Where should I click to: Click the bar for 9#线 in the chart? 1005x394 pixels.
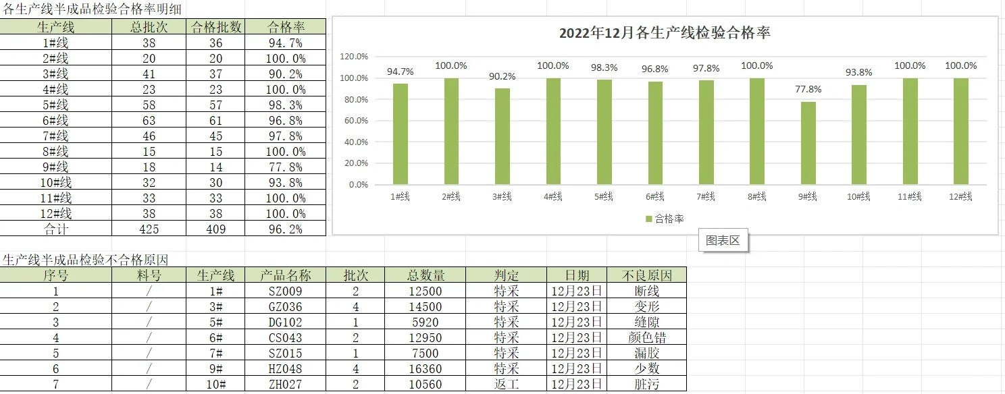(x=808, y=143)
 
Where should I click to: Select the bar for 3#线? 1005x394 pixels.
(x=502, y=136)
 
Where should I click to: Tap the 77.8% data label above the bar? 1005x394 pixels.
(x=808, y=89)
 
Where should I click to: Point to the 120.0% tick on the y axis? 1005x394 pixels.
(x=353, y=57)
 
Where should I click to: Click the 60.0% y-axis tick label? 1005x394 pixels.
(x=356, y=121)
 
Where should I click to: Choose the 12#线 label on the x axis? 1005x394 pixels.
(x=960, y=196)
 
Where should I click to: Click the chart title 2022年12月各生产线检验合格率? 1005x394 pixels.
(x=665, y=33)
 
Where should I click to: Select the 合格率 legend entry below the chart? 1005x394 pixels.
(x=665, y=219)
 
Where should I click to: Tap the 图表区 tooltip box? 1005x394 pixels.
(x=723, y=240)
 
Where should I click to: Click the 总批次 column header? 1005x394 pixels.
(x=149, y=28)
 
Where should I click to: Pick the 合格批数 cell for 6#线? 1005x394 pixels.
(x=216, y=121)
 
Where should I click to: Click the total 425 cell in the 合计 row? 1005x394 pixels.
(x=149, y=229)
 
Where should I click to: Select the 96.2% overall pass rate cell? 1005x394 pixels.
(x=285, y=229)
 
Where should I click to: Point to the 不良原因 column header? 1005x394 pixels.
(x=646, y=275)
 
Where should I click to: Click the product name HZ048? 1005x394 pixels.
(x=285, y=369)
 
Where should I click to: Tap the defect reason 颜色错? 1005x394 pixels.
(x=646, y=337)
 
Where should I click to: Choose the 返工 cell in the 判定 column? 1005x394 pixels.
(x=507, y=384)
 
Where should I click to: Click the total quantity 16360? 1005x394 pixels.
(x=426, y=369)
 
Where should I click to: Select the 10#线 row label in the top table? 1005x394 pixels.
(x=55, y=182)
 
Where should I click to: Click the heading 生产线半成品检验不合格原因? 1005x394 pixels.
(x=86, y=260)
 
